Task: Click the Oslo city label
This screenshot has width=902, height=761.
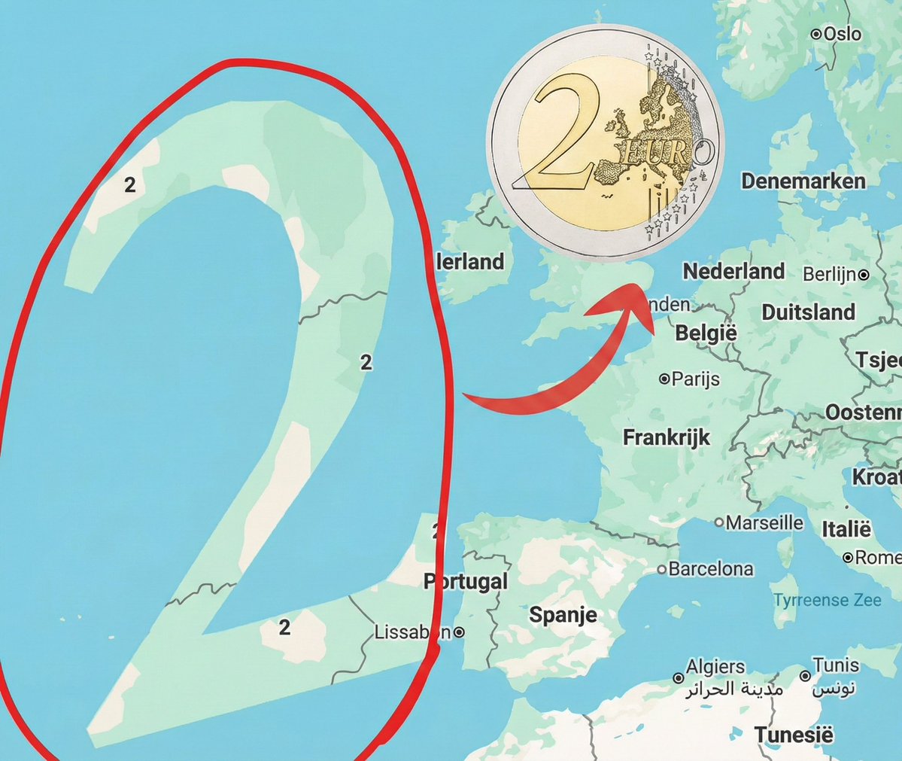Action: click(842, 34)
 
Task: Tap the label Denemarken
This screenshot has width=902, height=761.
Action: click(803, 181)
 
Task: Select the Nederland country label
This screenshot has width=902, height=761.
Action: click(733, 271)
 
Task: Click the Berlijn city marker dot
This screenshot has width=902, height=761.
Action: click(864, 275)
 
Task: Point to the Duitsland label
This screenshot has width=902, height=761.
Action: click(808, 312)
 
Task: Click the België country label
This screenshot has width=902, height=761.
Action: click(706, 333)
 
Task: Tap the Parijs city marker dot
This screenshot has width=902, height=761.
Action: click(664, 379)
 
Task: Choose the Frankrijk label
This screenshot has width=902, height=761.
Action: click(667, 437)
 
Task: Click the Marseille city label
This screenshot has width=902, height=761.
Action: click(764, 522)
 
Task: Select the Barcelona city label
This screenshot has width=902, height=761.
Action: click(711, 569)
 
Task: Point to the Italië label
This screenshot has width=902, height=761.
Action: click(846, 530)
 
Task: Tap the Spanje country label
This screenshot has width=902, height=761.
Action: click(563, 615)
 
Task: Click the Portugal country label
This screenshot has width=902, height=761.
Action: click(466, 582)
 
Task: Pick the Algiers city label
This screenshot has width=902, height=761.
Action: click(715, 667)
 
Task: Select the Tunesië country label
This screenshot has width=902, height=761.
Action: click(794, 735)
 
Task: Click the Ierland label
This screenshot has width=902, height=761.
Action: click(471, 262)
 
